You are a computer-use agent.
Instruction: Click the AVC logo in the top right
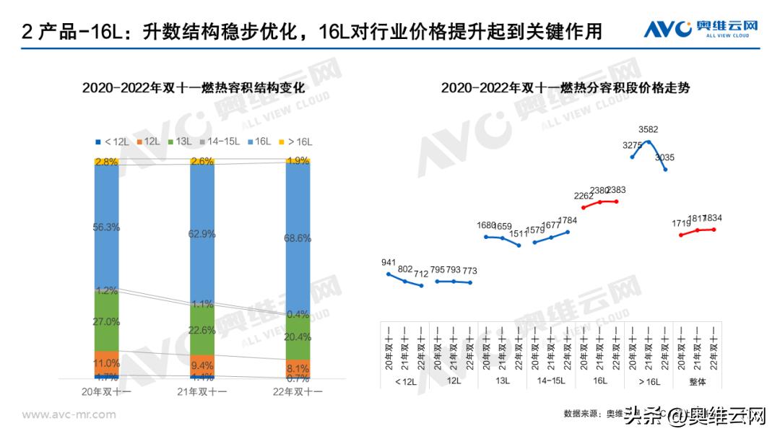point(701,30)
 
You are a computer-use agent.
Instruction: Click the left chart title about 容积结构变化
point(194,88)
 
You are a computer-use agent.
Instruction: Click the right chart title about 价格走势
point(565,88)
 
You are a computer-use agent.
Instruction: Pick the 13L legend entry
point(181,142)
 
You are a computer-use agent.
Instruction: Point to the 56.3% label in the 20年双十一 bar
point(106,227)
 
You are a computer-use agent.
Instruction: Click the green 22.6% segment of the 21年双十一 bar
point(201,330)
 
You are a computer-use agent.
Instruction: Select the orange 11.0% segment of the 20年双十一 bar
point(106,362)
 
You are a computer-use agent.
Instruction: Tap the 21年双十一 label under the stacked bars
point(202,392)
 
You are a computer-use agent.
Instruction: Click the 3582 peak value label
point(649,130)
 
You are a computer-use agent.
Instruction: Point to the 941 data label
point(389,263)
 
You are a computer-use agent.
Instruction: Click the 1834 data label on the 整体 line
point(714,219)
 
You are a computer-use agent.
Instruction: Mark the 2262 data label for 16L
point(584,196)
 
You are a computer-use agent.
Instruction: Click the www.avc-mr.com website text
point(69,414)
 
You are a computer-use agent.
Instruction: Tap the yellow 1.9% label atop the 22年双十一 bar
point(298,161)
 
